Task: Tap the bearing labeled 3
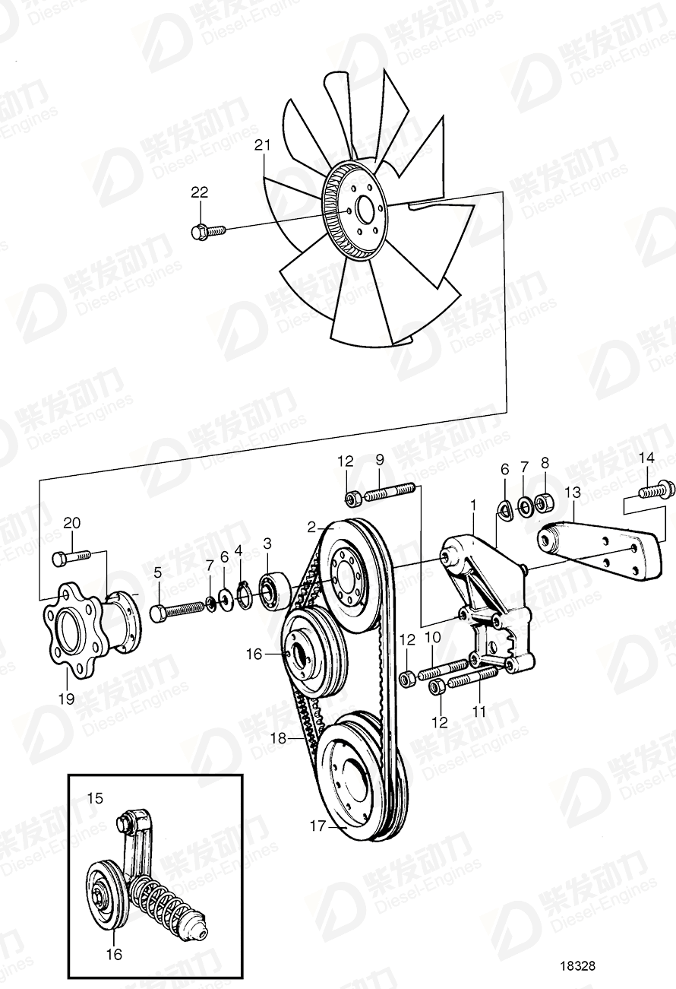[272, 591]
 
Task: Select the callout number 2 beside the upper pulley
[311, 527]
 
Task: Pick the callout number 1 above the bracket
[472, 504]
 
